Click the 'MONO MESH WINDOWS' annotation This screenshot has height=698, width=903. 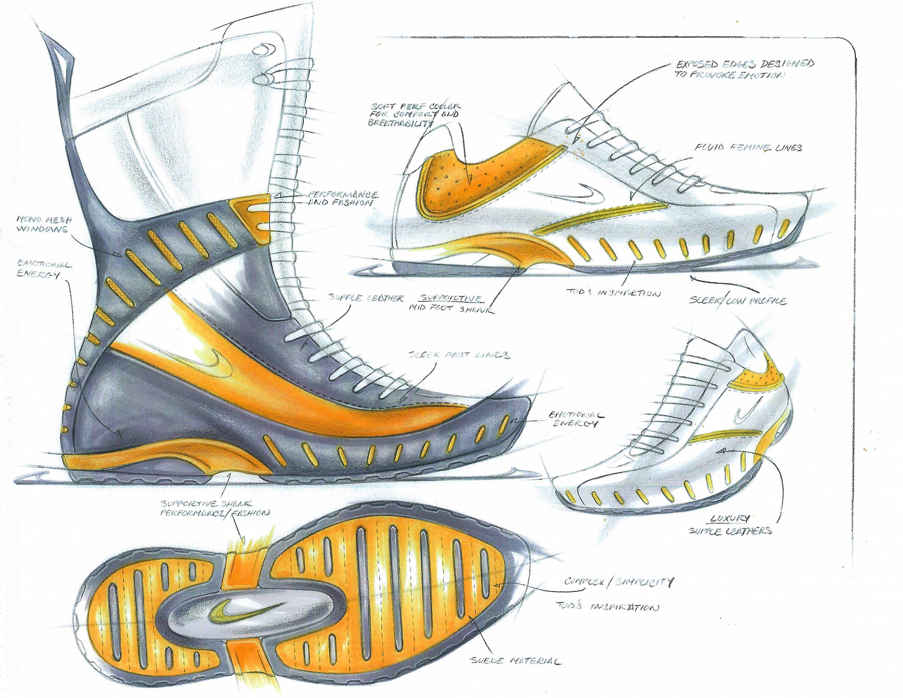point(42,225)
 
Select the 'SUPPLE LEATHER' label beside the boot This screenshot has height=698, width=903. point(366,298)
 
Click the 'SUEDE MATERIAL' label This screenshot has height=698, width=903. point(515,661)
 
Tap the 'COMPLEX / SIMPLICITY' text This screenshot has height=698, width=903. point(619,582)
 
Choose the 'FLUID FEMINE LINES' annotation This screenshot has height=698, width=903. point(748,148)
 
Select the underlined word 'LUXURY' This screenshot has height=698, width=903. point(730,519)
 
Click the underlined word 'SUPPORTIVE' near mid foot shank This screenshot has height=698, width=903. point(451,298)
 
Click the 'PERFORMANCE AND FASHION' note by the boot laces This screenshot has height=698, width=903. point(343,198)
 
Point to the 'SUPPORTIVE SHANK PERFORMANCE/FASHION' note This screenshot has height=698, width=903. point(214,508)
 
